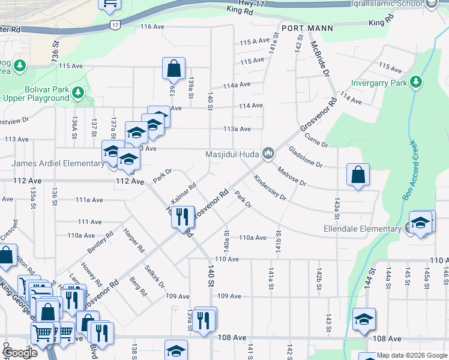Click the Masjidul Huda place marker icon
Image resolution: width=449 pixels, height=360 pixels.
(x=268, y=155)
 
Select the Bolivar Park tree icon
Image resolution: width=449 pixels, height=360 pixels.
(x=77, y=92)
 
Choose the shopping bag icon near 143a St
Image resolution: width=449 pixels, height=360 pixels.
(x=358, y=176)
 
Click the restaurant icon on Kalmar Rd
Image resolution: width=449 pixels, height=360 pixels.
(x=183, y=215)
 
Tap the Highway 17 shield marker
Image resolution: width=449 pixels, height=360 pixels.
(x=115, y=25)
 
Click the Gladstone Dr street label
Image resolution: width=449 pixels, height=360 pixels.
(x=306, y=157)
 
